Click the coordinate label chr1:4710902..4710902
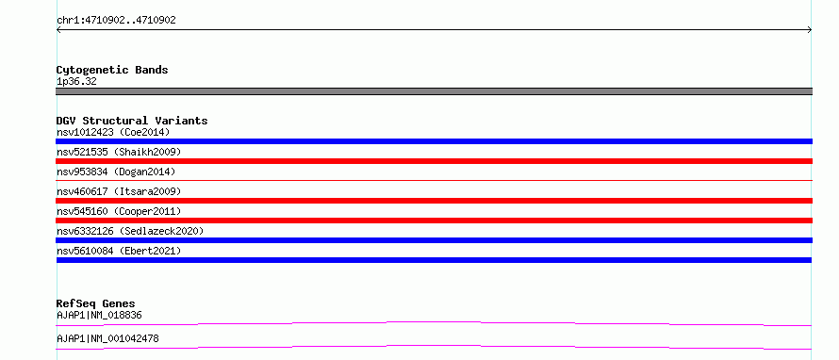coord(116,21)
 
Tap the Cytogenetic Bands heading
coord(112,70)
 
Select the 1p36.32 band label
coord(76,82)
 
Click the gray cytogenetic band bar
coord(434,91)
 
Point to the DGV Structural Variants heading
coord(132,121)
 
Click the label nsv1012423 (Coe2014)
coord(113,132)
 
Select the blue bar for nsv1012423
coord(434,141)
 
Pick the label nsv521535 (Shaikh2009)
coord(119,152)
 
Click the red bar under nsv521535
coord(434,161)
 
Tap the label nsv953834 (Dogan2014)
coord(116,172)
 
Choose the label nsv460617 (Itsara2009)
coord(119,191)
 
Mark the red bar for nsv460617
coord(434,201)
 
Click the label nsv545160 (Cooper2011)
coord(119,211)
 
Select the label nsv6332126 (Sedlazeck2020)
coord(130,231)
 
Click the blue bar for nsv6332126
coord(434,240)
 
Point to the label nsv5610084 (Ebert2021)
coord(119,251)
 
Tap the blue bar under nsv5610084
coord(434,260)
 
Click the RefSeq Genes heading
coord(96,303)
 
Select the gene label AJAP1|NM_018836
coord(99,316)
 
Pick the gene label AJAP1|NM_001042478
coord(107,339)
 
